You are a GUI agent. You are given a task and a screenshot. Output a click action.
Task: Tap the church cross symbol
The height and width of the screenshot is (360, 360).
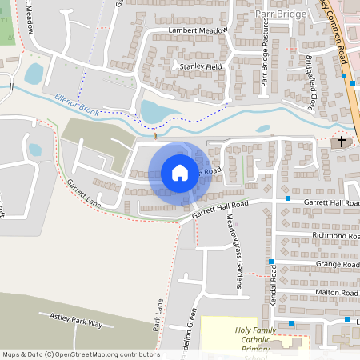click(342, 142)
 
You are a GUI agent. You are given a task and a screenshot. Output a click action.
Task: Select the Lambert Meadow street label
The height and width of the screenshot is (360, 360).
click(198, 31)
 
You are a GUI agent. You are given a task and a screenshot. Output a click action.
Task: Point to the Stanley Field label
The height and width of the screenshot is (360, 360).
click(201, 66)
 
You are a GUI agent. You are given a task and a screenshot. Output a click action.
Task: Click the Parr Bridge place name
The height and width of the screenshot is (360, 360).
click(279, 14)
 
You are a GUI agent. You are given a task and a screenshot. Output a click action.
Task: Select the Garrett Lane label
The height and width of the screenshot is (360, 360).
click(83, 194)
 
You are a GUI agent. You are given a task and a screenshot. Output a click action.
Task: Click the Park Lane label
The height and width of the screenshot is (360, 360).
click(158, 313)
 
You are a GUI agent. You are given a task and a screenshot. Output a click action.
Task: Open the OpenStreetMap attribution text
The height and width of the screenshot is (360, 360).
click(81, 354)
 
